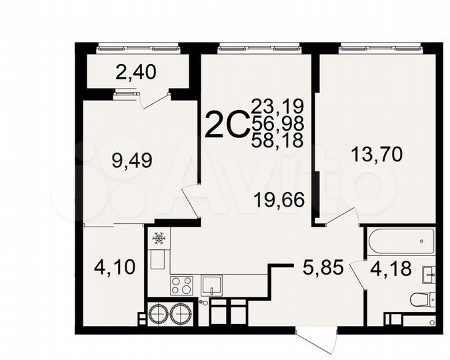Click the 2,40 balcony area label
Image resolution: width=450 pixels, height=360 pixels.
136,71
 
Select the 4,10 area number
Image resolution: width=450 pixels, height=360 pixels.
116,267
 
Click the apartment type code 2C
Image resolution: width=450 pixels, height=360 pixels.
226,124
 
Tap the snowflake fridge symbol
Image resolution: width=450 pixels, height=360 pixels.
159,238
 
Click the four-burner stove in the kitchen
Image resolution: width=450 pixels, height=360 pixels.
182,285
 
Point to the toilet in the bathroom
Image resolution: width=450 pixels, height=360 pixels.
422,300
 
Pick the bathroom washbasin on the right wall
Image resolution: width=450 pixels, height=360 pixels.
428,273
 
